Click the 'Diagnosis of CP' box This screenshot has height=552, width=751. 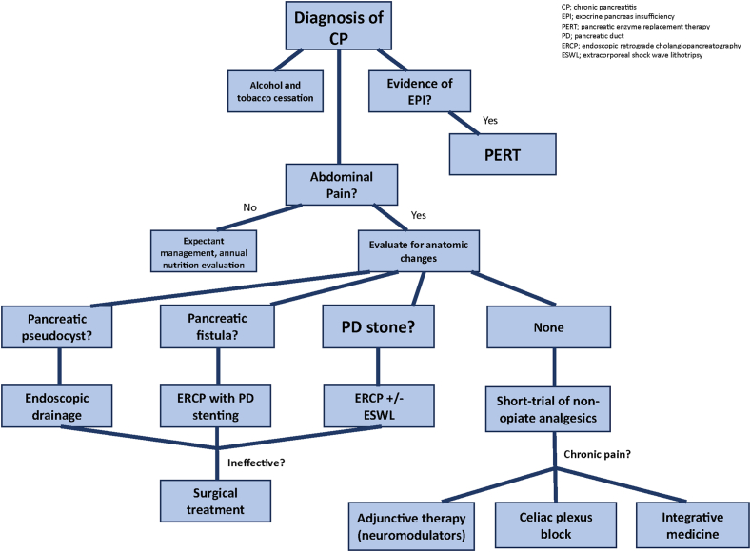(x=339, y=26)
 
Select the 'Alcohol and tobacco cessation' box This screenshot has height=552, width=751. (x=275, y=91)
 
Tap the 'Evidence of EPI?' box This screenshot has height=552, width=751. (x=420, y=91)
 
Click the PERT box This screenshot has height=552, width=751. (x=503, y=154)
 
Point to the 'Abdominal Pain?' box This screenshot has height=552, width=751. (x=342, y=185)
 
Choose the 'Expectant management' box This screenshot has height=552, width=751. (x=204, y=251)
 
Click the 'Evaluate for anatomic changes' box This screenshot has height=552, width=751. (x=419, y=251)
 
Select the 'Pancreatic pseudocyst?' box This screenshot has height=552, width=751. (x=56, y=327)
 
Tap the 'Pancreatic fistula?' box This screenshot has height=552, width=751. (x=217, y=326)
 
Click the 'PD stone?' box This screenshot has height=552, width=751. (x=379, y=326)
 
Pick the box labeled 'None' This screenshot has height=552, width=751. (x=549, y=327)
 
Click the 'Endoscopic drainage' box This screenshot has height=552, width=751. (x=56, y=406)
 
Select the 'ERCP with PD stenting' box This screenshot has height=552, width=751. (x=215, y=406)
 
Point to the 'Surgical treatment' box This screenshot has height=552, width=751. (x=215, y=502)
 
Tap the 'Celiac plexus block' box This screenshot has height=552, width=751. (x=556, y=525)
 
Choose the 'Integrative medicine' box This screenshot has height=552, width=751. (x=693, y=525)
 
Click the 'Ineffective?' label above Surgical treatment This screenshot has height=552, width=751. (x=256, y=463)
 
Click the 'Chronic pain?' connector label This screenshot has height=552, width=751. (x=597, y=454)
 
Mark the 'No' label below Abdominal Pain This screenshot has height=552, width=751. (x=250, y=207)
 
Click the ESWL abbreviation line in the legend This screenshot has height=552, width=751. (x=632, y=55)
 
